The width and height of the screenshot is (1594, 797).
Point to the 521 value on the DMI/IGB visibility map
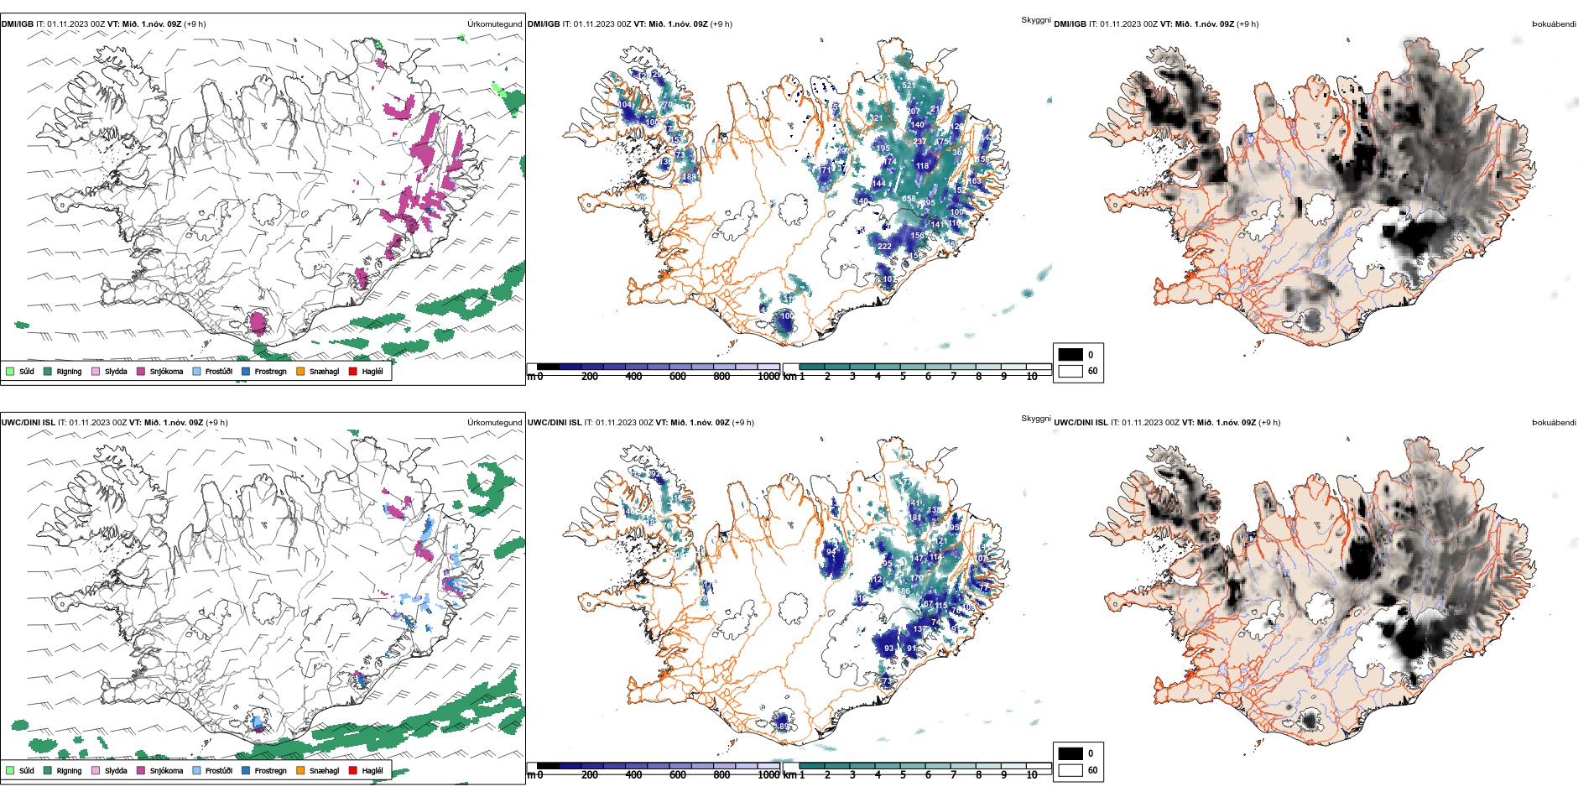[909, 86]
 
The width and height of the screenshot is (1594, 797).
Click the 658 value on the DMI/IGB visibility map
[909, 199]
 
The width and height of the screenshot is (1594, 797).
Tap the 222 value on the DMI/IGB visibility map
[884, 247]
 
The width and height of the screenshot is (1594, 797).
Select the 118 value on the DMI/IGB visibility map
[922, 166]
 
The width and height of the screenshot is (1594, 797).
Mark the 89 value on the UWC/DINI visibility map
[784, 727]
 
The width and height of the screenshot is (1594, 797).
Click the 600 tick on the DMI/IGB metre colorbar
[677, 377]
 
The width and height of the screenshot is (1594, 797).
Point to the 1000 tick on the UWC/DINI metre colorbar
[768, 775]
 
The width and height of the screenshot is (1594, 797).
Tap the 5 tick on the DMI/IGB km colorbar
[903, 377]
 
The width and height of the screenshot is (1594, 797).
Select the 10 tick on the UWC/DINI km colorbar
[1032, 775]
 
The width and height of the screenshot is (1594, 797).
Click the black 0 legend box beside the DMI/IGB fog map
[1070, 354]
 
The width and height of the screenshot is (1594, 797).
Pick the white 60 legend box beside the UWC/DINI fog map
[1070, 770]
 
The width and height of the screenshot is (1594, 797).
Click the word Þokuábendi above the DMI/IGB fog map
[1554, 24]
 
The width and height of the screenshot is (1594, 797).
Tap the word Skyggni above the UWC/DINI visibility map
[1035, 418]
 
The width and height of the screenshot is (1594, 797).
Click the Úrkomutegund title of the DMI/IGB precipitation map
[494, 24]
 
